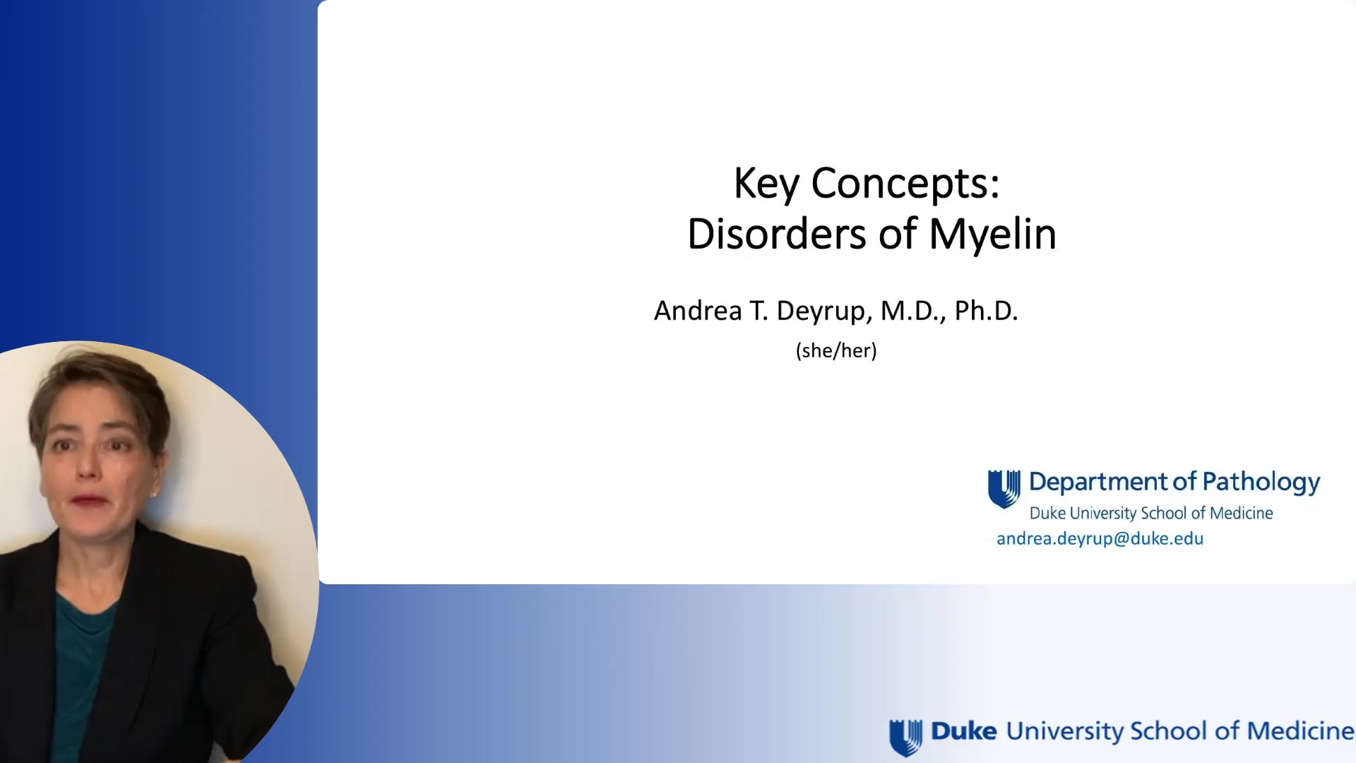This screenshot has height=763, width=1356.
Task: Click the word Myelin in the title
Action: [992, 235]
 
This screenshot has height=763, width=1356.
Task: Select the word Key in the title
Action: [766, 184]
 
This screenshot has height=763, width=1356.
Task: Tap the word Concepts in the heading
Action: [905, 184]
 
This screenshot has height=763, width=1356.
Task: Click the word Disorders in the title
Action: [776, 235]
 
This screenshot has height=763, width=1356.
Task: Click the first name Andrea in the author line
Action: [698, 311]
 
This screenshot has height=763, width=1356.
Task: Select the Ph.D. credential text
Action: [986, 311]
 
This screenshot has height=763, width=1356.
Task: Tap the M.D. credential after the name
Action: [912, 311]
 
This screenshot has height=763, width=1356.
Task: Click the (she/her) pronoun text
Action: [836, 350]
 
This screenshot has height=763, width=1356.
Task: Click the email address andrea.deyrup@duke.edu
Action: [1100, 538]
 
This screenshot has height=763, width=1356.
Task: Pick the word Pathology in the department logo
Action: [1261, 482]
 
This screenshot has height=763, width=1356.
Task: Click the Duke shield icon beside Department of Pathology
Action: [1004, 489]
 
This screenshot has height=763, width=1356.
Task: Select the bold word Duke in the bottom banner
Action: [963, 731]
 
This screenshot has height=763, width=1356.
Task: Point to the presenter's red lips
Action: [90, 500]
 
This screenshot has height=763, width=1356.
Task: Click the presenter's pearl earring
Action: [153, 495]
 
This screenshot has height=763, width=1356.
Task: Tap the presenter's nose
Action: [88, 466]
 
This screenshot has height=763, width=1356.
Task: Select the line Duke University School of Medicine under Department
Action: [1151, 513]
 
